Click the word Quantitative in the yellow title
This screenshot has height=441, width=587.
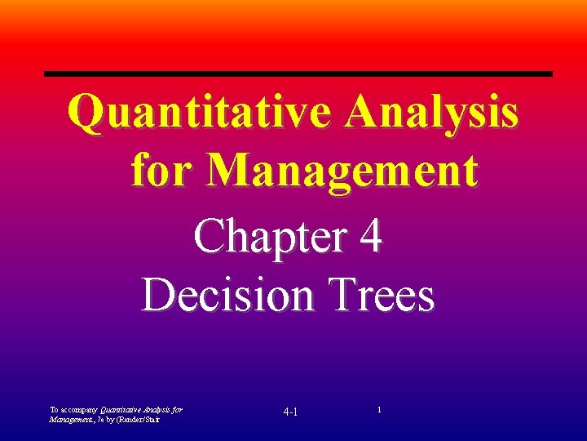pos(200,112)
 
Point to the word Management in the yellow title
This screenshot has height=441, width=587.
pos(342,171)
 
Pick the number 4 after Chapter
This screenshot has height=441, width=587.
pos(369,238)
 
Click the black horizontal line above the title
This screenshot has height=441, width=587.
pos(298,74)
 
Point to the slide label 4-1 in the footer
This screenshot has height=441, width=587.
pos(290,411)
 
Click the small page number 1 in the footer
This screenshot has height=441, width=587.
pos(378,407)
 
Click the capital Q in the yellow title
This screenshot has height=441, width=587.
pos(85,112)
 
